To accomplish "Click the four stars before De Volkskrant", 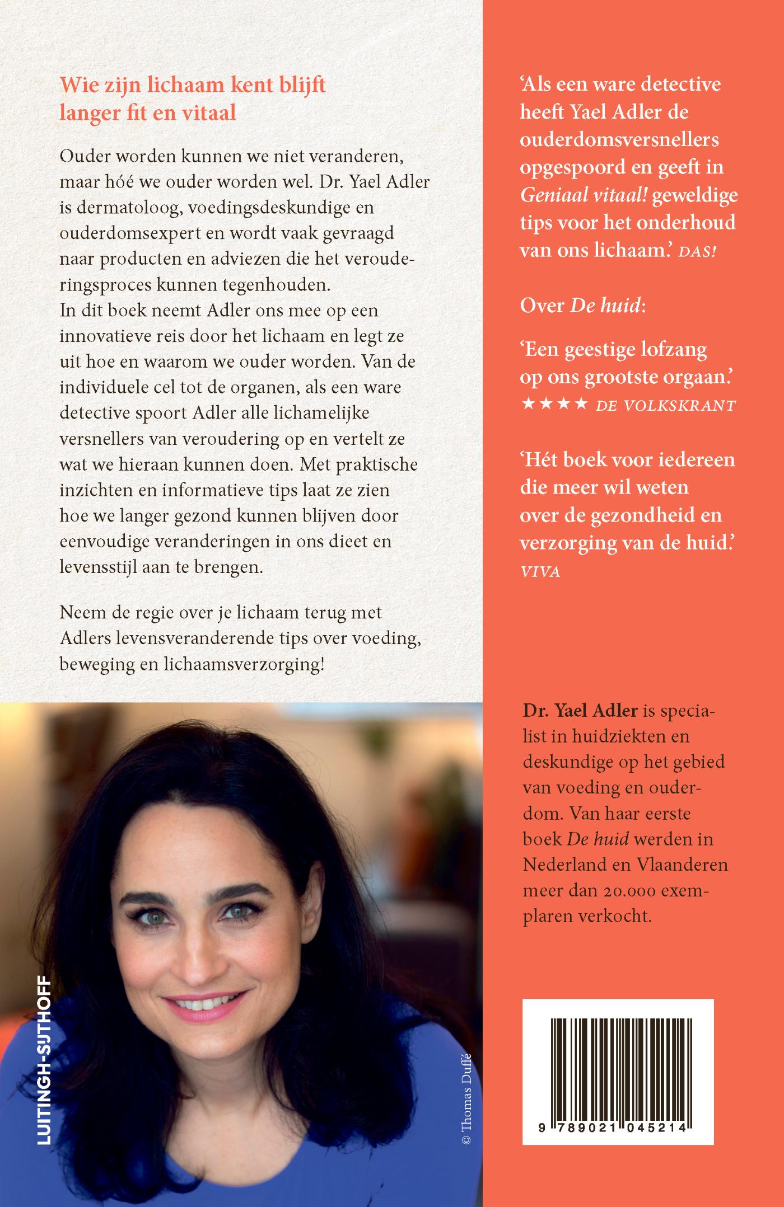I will (x=554, y=403).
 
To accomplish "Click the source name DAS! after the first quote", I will (x=697, y=252).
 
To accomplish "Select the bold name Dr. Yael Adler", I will (x=581, y=710).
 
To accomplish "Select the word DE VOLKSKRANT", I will (x=665, y=406).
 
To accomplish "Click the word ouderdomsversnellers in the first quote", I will (x=619, y=139).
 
